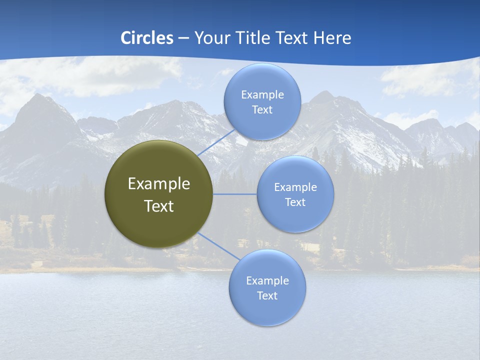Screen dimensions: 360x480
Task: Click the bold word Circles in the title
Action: tap(147, 38)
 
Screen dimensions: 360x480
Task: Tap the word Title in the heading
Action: tap(252, 38)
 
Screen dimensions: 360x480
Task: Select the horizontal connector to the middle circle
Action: tap(235, 194)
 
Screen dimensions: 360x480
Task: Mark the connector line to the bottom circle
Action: tap(218, 246)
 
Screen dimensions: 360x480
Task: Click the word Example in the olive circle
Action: tap(159, 184)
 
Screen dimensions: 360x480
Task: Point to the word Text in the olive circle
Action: tap(159, 206)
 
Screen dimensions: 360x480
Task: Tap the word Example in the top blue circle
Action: tap(262, 95)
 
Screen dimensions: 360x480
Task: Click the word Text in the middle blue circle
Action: tap(295, 202)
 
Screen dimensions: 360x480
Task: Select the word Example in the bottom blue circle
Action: tap(267, 281)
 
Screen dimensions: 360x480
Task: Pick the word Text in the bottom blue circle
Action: tap(267, 296)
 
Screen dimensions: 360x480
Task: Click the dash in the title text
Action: tap(183, 38)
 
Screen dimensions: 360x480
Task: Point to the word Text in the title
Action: tap(292, 38)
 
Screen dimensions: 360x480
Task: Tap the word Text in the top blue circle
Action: tap(262, 110)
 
